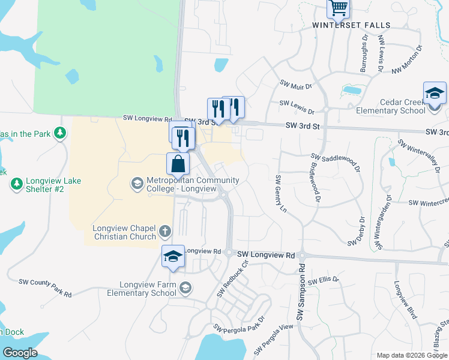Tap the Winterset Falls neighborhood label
[x=351, y=25]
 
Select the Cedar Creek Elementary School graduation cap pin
[x=435, y=94]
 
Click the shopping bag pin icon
[x=178, y=164]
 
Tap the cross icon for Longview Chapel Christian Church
[x=165, y=230]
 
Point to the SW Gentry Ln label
[x=279, y=193]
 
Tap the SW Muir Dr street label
[x=296, y=85]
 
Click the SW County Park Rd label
[x=45, y=287]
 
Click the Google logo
[x=20, y=353]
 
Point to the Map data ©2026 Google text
[x=411, y=355]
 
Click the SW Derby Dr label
[x=356, y=231]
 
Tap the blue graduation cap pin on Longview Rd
[x=173, y=257]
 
